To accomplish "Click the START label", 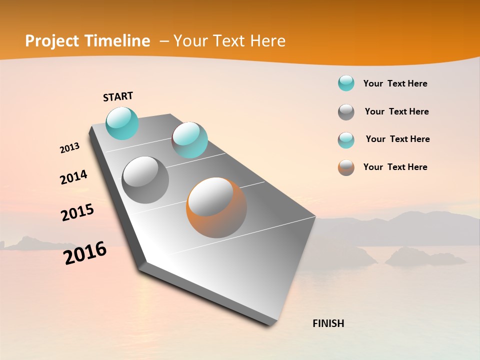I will [x=118, y=96].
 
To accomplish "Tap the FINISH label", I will [x=328, y=323].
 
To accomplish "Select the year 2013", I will [x=69, y=148].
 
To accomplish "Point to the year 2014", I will [x=73, y=177].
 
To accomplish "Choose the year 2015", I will [x=77, y=212].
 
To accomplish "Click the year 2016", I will [x=85, y=253].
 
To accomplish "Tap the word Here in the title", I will [x=267, y=41].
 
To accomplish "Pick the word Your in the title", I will [x=189, y=41].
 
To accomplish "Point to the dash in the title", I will [x=164, y=41].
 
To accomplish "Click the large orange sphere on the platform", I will [x=216, y=207].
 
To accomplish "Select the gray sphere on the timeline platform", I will [x=145, y=180].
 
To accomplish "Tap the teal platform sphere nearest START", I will [x=122, y=123].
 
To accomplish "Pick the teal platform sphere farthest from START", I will [x=189, y=140].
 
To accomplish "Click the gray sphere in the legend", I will [x=346, y=112].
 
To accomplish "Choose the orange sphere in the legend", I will [x=346, y=167].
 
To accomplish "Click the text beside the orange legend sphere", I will [x=395, y=167].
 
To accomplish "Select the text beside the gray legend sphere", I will [x=396, y=111].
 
